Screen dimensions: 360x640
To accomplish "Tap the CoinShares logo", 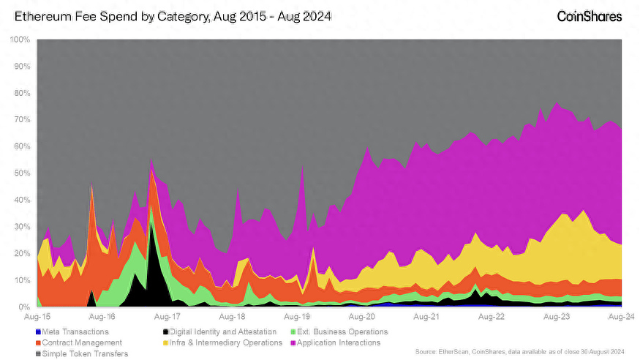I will [x=590, y=15].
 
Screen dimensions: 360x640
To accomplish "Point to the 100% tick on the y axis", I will [x=20, y=39].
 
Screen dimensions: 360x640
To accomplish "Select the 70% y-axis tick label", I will [x=22, y=119].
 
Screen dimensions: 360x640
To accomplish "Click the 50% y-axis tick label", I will [x=22, y=173].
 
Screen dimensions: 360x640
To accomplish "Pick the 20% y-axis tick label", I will [x=22, y=254].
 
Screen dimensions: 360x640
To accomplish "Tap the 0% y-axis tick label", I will [x=24, y=307].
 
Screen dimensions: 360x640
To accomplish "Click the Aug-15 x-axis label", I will [x=37, y=318].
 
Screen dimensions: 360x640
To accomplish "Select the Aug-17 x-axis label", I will [x=167, y=318].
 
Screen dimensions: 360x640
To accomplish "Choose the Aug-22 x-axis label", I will [x=491, y=318].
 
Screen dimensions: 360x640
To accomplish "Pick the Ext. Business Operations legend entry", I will [x=341, y=331].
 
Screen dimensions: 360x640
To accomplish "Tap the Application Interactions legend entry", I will [x=337, y=342].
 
